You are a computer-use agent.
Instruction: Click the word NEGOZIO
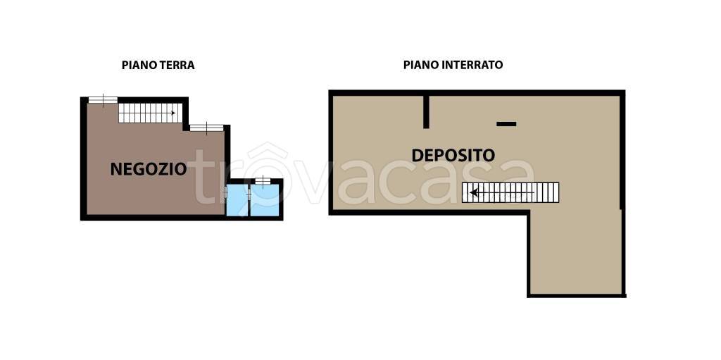pos(149,169)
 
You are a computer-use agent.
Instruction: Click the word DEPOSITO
pos(453,156)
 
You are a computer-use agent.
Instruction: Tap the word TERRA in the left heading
pos(177,66)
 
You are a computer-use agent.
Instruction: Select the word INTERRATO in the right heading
pos(472,65)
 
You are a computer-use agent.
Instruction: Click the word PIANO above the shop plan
pos(139,66)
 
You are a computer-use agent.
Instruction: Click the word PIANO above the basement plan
pos(421,65)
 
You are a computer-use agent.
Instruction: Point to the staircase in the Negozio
pos(151,113)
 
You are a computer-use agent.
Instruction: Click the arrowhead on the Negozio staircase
pos(173,113)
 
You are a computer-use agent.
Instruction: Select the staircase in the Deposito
pos(510,192)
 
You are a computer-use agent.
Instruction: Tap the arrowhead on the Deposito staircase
pos(474,192)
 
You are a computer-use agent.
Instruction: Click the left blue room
pos(237,200)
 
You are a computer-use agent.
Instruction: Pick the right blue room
pos(265,200)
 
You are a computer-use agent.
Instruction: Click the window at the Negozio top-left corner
pos(103,99)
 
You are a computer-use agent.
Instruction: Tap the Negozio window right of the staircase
pos(206,128)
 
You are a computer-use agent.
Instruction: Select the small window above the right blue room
pos(263,181)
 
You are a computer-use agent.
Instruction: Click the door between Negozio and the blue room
pos(226,192)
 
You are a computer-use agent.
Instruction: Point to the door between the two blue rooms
pos(249,194)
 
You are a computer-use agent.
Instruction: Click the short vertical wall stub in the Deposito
pos(426,112)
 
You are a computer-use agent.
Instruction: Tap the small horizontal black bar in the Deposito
pos(506,124)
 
